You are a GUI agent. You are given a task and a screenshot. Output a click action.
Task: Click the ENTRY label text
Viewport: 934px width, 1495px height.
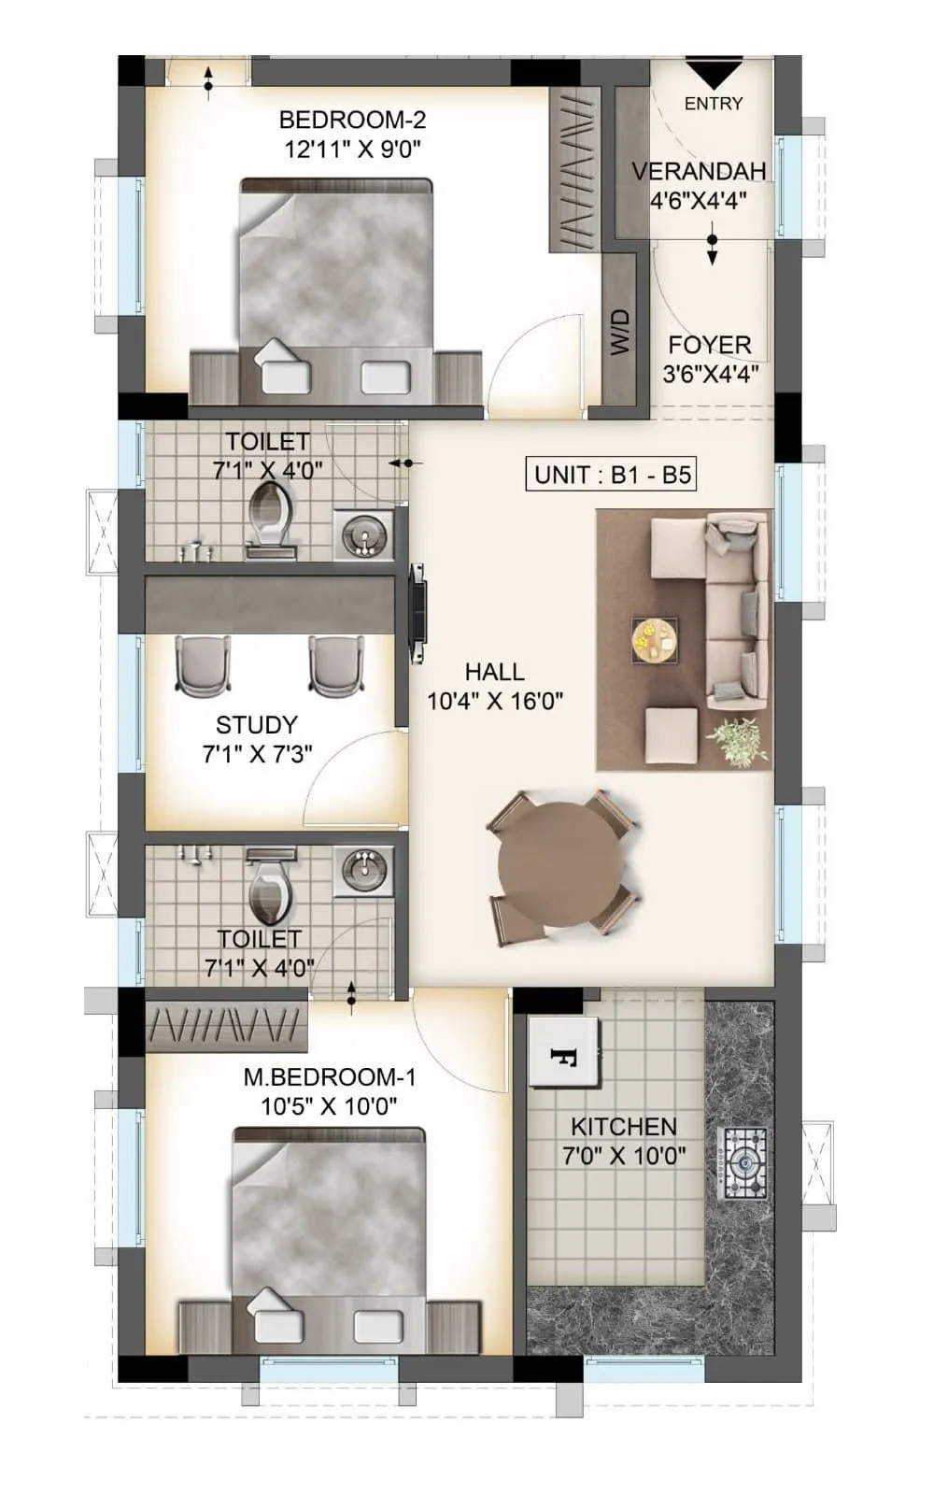point(714,104)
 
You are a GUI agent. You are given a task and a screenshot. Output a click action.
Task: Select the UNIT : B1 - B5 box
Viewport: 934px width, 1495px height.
point(612,475)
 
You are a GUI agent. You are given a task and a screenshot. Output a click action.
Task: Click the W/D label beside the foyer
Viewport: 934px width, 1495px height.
point(621,332)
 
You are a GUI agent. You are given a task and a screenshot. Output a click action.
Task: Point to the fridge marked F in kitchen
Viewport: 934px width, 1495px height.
point(563,1053)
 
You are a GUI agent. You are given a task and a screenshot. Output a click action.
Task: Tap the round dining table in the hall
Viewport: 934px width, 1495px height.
point(560,864)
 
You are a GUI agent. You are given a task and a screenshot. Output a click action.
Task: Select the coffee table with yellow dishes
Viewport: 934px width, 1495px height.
point(654,640)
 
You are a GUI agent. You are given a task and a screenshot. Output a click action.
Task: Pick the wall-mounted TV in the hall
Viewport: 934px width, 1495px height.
point(418,614)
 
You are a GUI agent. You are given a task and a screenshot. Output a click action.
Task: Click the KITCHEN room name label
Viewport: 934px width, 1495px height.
point(623,1127)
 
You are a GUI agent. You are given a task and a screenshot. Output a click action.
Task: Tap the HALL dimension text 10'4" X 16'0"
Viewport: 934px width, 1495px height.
point(495,701)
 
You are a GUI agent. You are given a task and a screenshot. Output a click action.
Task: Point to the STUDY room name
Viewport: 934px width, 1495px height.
point(257,725)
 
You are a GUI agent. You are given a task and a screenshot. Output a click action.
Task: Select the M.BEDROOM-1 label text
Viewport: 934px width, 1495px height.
point(330,1077)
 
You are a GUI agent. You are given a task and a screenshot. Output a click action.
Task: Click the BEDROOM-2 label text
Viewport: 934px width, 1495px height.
point(352,120)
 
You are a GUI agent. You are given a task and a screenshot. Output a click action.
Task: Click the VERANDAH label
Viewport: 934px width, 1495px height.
point(699,171)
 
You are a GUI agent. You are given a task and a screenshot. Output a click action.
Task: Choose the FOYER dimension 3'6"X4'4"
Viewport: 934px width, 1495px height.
point(710,375)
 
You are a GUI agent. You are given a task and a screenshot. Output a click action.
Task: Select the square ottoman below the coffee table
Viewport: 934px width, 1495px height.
point(672,734)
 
